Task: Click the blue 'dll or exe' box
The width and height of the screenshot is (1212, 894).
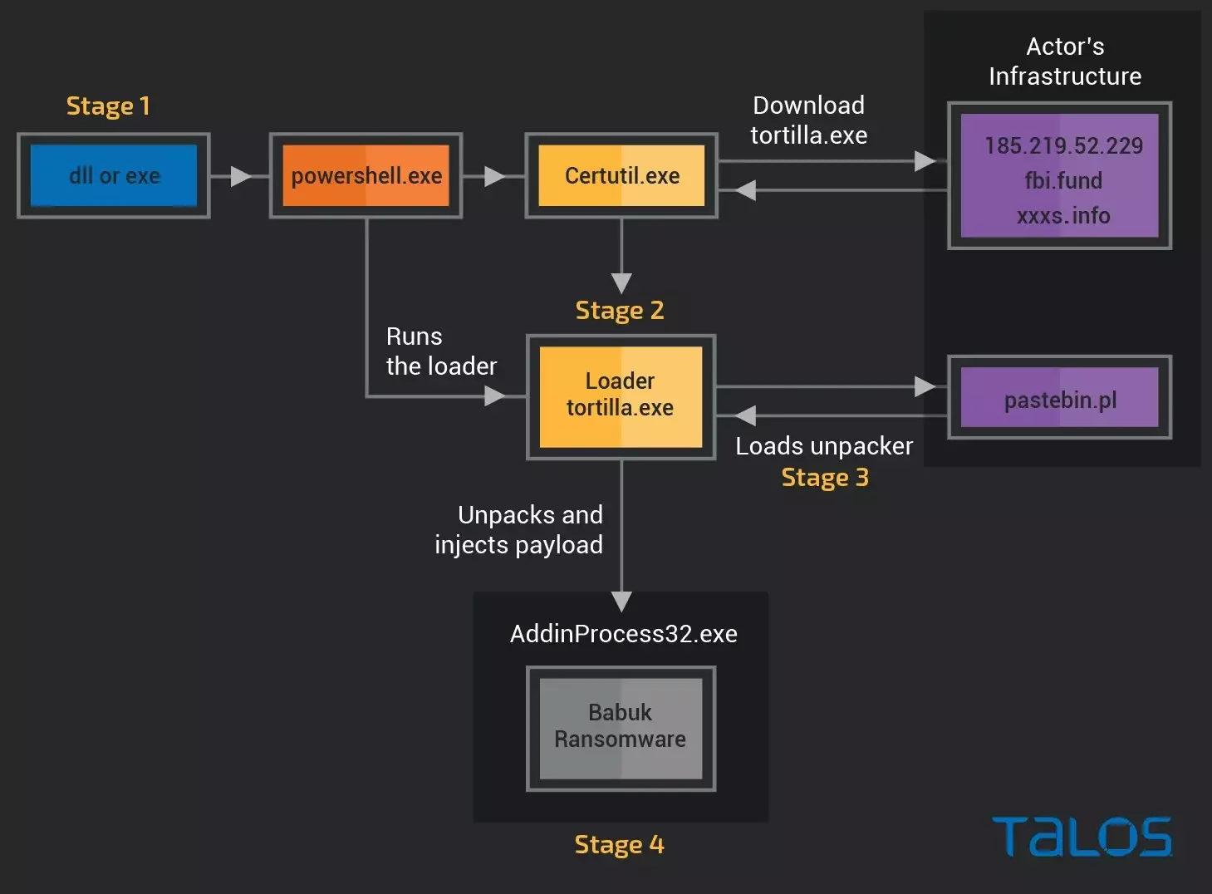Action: pos(114,176)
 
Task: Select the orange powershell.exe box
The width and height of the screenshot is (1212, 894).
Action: pos(366,176)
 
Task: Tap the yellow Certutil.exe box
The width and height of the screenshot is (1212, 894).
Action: pos(621,176)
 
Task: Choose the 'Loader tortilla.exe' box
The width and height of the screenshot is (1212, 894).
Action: pos(621,395)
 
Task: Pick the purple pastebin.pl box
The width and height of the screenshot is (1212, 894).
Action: pos(1060,399)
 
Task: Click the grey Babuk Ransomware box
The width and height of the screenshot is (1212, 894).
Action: pos(621,727)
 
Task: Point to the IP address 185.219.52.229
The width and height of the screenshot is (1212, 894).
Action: pos(1063,146)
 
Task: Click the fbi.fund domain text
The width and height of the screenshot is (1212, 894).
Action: pos(1063,180)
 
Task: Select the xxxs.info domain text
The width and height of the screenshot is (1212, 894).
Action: pos(1063,216)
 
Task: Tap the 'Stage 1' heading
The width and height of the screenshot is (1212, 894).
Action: pos(108,106)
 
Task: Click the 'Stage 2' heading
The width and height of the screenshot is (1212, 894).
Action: pos(620,311)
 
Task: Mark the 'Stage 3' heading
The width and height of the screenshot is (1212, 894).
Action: pos(825,478)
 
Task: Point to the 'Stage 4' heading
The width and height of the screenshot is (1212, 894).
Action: pos(620,845)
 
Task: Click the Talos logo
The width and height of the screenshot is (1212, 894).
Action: pos(1082,837)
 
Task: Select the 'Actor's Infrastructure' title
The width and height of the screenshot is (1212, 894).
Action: pos(1065,61)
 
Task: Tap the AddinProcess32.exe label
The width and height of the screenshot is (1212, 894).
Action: pos(624,634)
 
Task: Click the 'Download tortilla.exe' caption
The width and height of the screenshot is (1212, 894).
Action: pos(808,120)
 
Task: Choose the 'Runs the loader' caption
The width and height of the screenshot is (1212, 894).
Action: pos(441,351)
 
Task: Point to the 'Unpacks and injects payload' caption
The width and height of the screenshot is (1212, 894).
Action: pos(519,530)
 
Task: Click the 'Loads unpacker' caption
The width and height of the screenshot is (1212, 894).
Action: pos(824,446)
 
